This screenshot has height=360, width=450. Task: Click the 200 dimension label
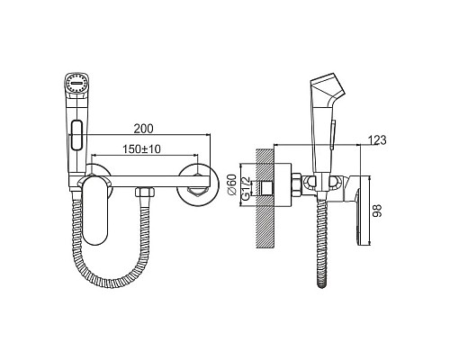click(143, 129)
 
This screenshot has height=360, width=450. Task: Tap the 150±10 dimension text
click(142, 148)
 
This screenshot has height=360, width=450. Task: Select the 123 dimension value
click(377, 140)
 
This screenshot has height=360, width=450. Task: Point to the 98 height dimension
click(377, 211)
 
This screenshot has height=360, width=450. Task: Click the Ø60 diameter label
click(232, 185)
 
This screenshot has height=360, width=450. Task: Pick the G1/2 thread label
click(246, 188)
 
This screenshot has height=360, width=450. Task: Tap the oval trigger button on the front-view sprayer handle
click(77, 135)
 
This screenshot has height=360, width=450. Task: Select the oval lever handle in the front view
click(95, 210)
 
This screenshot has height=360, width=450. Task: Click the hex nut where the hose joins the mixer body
click(145, 192)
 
